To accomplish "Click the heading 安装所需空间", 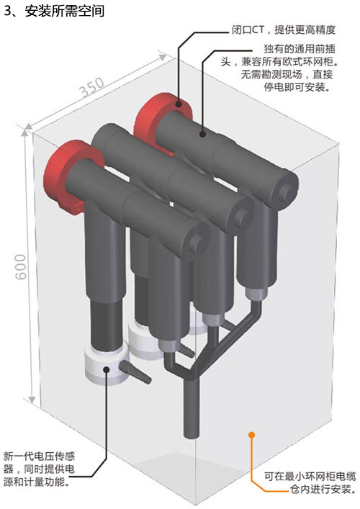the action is tap(65, 11).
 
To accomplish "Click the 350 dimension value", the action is tap(92, 87).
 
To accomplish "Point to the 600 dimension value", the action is tap(21, 266).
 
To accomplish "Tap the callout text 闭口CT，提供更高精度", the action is tap(283, 30).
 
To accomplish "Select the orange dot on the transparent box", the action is tap(251, 434).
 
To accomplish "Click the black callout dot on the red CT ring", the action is tap(179, 104).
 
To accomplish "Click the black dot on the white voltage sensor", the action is tap(106, 369).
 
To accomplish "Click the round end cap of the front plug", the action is tap(194, 240).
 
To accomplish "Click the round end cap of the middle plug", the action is tap(240, 216).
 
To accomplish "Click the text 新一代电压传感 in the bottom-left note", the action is tap(40, 456).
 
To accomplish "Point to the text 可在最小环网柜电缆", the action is tap(310, 476).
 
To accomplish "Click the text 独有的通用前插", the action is tap(300, 49).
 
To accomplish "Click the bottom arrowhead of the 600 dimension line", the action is tap(32, 400).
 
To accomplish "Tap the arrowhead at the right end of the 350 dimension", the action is tap(162, 57).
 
